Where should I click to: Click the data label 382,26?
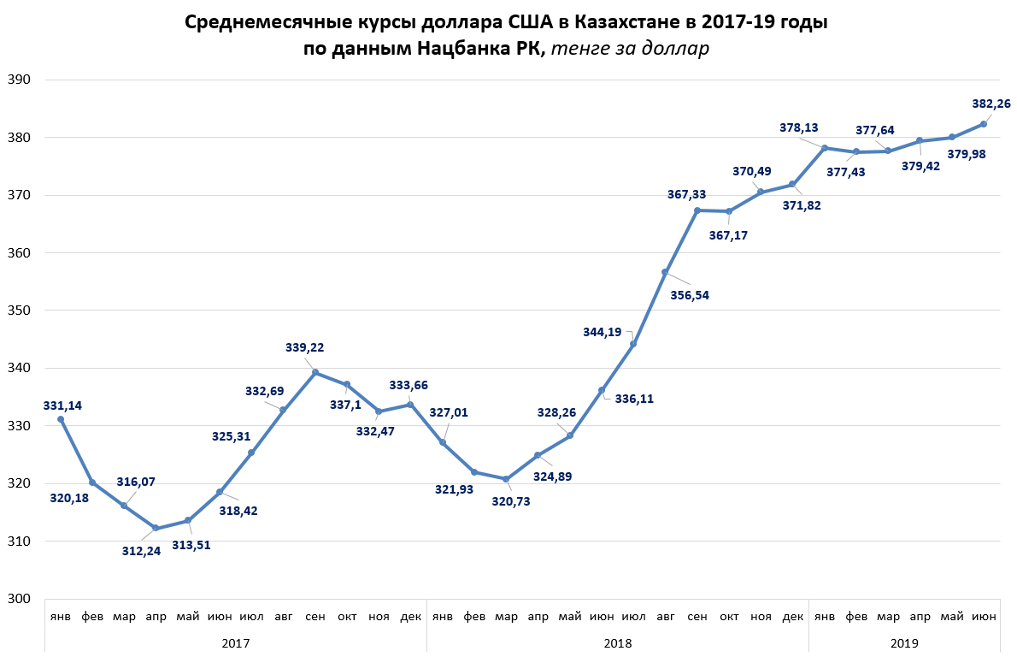(x=991, y=104)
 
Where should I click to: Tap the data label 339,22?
(x=304, y=347)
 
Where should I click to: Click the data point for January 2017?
(x=61, y=419)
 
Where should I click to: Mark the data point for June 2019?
(x=984, y=124)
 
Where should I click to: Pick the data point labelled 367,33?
(x=697, y=210)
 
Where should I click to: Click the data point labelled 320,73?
(x=506, y=479)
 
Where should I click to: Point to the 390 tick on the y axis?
(x=20, y=80)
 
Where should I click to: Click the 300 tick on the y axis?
(x=20, y=599)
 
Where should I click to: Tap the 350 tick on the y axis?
(x=20, y=311)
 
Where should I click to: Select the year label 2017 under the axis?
(x=235, y=641)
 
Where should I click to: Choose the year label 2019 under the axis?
(x=903, y=641)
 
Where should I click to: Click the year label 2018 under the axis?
(x=617, y=641)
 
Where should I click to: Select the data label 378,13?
(x=798, y=128)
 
